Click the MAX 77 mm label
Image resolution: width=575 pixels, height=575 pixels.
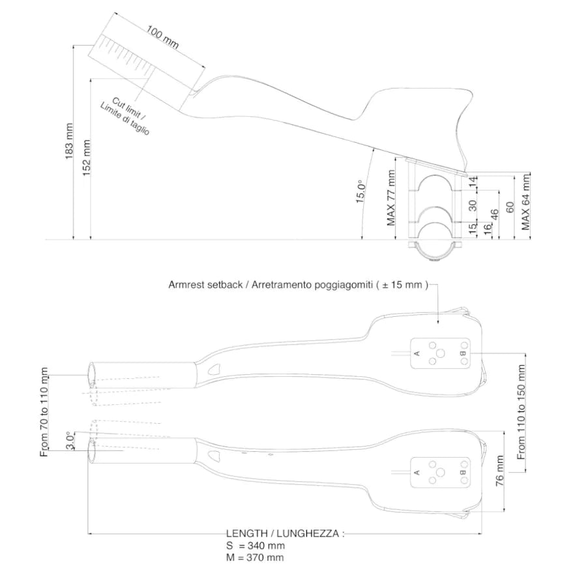[x=391, y=198]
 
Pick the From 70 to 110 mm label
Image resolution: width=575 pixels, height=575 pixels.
[x=45, y=412]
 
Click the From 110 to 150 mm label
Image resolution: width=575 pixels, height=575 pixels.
[x=521, y=412]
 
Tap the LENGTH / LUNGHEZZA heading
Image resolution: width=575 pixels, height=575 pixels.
[x=284, y=533]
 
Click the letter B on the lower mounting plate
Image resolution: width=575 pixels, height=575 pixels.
[x=462, y=472]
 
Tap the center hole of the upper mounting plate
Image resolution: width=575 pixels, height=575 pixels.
[x=440, y=353]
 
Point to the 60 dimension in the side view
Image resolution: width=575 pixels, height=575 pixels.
[x=510, y=207]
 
